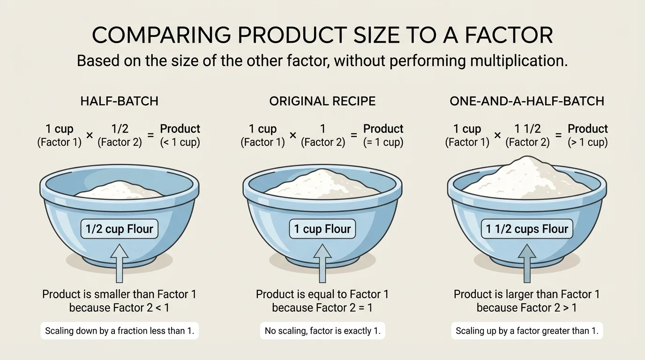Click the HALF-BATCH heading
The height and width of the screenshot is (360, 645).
pos(119,101)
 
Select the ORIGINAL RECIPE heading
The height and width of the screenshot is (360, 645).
pos(322,101)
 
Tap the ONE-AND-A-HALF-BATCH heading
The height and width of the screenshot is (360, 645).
pos(526,101)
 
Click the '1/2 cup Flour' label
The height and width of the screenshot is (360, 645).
pos(119,229)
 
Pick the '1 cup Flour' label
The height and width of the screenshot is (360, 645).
pos(322,229)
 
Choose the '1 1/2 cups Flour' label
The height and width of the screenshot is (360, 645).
pos(527,229)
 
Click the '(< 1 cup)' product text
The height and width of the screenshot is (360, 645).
pos(180,142)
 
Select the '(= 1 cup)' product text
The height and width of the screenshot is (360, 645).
pos(383,142)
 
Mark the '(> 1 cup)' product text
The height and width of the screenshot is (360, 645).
pos(587,142)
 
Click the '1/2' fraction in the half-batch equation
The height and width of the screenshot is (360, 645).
pos(120,129)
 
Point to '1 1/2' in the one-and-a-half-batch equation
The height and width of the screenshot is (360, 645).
pos(527,129)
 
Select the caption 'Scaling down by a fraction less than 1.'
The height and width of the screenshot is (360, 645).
pos(120,331)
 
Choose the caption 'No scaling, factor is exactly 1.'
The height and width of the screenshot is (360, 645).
pos(322,331)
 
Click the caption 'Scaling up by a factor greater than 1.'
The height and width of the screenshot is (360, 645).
pos(527,331)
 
